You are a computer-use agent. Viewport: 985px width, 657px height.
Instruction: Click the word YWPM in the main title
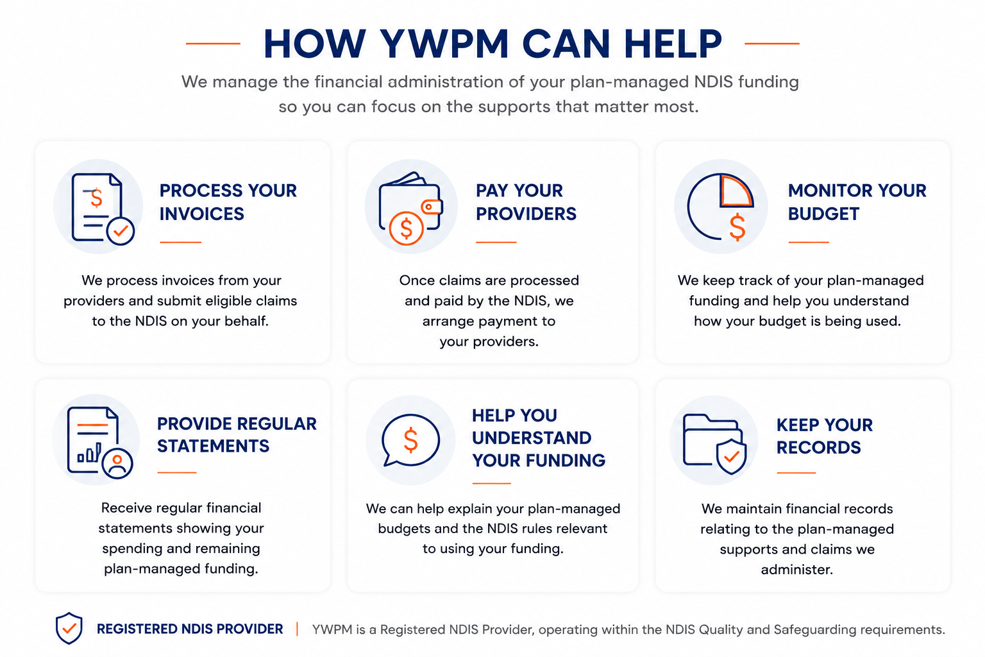click(444, 44)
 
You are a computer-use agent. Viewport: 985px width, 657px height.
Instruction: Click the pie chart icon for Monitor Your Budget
click(721, 207)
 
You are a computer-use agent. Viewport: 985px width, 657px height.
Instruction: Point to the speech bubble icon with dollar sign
click(410, 439)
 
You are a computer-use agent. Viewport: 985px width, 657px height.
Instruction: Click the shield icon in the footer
click(69, 628)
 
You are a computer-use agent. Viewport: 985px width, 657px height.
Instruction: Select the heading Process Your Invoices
click(228, 202)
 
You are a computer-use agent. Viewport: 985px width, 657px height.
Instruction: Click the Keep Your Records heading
click(825, 436)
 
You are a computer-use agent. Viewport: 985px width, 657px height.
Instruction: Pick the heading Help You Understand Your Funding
click(539, 438)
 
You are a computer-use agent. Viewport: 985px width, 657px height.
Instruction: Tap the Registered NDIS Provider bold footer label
click(190, 629)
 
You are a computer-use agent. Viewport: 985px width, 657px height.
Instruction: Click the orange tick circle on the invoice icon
click(121, 231)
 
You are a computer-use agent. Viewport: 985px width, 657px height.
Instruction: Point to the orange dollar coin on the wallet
click(407, 228)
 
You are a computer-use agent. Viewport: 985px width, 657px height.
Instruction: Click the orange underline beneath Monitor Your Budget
click(809, 242)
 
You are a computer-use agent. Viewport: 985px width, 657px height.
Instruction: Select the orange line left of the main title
click(213, 44)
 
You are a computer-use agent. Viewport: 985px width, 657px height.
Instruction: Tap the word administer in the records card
click(797, 570)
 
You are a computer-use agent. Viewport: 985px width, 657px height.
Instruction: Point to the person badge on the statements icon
click(117, 464)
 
